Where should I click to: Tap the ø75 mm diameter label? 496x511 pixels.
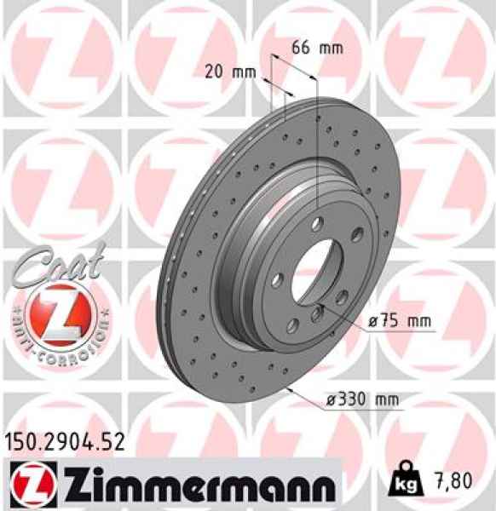(400, 322)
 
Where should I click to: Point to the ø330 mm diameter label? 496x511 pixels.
(362, 398)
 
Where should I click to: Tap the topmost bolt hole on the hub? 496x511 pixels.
(317, 225)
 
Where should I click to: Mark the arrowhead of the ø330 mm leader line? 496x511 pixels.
(292, 388)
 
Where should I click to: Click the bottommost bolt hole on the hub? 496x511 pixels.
(317, 314)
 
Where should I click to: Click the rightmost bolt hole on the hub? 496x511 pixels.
(342, 296)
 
